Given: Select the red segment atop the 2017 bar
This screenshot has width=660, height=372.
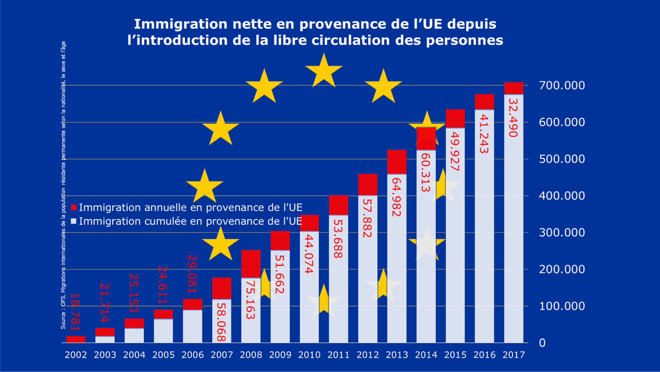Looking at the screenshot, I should pos(513,88).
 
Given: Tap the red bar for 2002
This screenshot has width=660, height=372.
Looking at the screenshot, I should pos(76,339).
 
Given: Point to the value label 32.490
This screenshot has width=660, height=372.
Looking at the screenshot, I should pos(513,118).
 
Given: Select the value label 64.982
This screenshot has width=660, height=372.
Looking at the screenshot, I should pos(397,197).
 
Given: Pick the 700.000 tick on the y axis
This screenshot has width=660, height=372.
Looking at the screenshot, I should pos(562,86).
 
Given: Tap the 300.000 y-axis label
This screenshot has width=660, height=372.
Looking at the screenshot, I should pos(562,233).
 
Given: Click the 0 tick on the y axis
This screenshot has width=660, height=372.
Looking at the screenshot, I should pos(542,343).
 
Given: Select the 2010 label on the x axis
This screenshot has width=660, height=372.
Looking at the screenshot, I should pos(309,355).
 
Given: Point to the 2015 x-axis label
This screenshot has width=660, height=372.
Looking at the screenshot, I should pos(455,355).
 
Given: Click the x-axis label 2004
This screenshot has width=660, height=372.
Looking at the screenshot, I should pos(134,355).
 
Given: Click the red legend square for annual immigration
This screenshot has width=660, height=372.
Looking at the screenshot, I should pos(74,208).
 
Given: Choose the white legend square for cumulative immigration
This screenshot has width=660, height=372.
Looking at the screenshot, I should pos(74,221).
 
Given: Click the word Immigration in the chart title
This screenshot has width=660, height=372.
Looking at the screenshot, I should pos(180,24).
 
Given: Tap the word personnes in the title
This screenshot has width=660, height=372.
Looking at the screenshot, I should pos(464,40).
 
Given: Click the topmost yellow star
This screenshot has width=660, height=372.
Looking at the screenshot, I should pos(324,71).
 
